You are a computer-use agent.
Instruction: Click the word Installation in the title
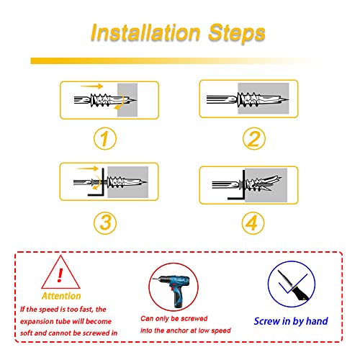tap(145, 32)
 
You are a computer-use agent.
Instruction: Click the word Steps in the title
tap(237, 33)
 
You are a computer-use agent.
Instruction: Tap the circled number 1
tap(105, 139)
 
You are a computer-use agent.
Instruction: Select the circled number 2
tap(254, 139)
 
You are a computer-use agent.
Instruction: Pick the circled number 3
tap(105, 222)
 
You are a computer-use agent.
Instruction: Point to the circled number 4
tap(253, 222)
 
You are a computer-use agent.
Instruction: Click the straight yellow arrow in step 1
tap(91, 86)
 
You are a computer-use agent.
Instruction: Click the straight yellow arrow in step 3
tap(88, 168)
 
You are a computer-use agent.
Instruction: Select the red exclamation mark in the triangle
tap(60, 275)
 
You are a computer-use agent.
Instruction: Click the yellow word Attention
tap(61, 296)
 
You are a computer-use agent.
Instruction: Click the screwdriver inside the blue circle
tap(293, 286)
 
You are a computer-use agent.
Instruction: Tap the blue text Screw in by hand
tap(291, 321)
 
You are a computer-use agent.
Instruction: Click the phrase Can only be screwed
tap(174, 318)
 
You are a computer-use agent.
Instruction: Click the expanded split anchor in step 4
tap(263, 184)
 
